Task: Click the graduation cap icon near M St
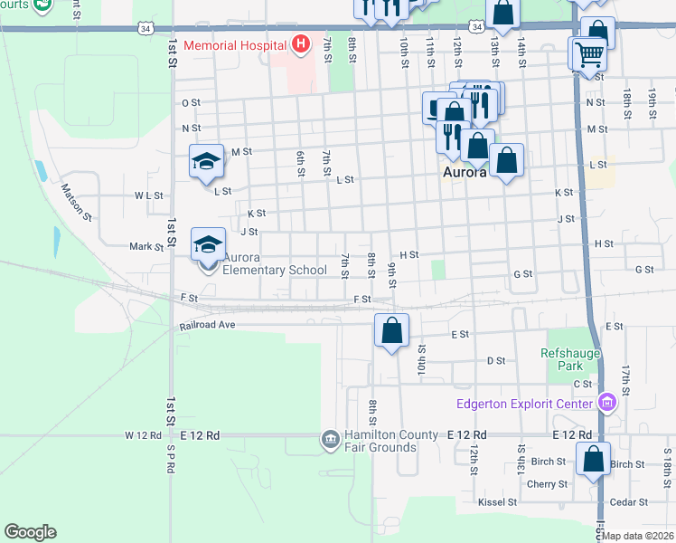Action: pyautogui.click(x=206, y=162)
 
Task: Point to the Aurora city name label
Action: pyautogui.click(x=465, y=171)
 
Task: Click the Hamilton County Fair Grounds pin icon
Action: pyautogui.click(x=329, y=440)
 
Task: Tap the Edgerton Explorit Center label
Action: pyautogui.click(x=528, y=404)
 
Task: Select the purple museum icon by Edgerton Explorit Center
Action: pyautogui.click(x=607, y=403)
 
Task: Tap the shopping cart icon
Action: pyautogui.click(x=589, y=54)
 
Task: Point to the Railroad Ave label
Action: pyautogui.click(x=207, y=324)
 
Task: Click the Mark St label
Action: pyautogui.click(x=146, y=246)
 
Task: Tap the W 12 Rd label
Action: pyautogui.click(x=142, y=435)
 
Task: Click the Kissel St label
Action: pyautogui.click(x=497, y=501)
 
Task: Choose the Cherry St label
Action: pyautogui.click(x=547, y=484)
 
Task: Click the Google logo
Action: pyautogui.click(x=30, y=532)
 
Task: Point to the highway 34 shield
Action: pyautogui.click(x=146, y=29)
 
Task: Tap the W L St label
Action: pyautogui.click(x=148, y=195)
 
